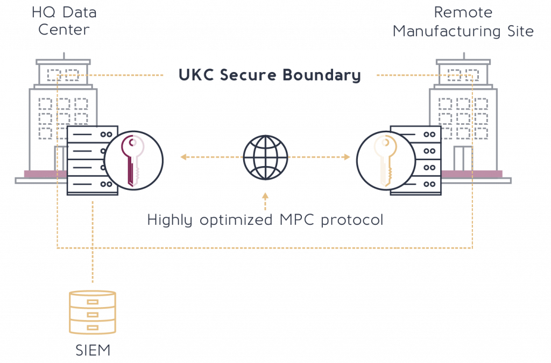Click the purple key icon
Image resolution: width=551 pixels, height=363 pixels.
(133, 158)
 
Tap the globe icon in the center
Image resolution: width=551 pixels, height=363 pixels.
(265, 157)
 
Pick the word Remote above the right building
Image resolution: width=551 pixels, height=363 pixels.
(463, 12)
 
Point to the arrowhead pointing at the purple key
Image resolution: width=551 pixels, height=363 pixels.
(182, 157)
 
